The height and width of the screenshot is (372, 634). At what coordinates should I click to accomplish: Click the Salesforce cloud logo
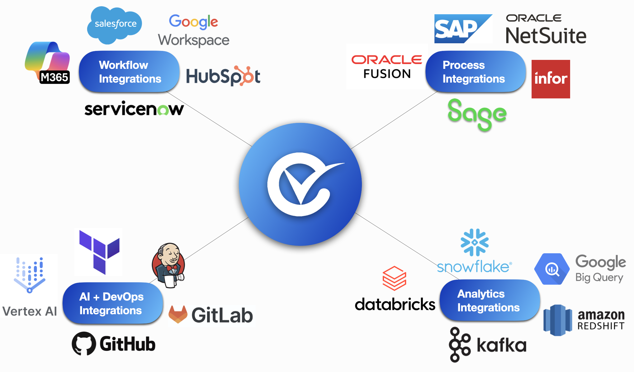pos(115,24)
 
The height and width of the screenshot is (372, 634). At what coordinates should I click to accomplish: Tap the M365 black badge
pos(55,77)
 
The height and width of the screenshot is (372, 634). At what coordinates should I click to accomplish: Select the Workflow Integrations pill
pos(129,72)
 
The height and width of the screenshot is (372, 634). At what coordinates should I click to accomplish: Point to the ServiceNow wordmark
pos(134,109)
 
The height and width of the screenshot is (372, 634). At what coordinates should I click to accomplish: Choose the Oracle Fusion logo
pos(387,67)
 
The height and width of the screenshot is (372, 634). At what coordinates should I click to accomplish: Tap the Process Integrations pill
pos(475,72)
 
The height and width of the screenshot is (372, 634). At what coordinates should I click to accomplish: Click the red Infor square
pos(551,79)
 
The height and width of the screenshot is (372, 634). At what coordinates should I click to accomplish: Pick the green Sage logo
pos(477,114)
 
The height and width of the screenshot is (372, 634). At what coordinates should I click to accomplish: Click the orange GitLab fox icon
pos(178,314)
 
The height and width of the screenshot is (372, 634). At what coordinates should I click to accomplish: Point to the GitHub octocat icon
pos(84,344)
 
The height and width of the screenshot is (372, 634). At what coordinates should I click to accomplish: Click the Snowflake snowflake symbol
pos(474,242)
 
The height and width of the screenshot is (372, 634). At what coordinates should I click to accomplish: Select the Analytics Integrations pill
pos(490,301)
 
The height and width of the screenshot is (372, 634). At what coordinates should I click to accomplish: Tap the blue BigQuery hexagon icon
pos(552,269)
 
